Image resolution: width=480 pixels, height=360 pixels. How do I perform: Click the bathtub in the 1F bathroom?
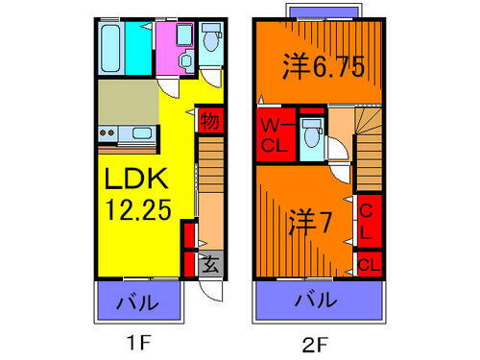[110, 47]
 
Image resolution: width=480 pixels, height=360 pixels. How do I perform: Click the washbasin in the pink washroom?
[183, 38]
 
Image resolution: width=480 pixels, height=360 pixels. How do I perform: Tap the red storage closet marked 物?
[207, 122]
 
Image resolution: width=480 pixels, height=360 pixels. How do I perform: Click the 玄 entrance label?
[209, 262]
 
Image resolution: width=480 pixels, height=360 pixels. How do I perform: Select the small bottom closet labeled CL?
[368, 262]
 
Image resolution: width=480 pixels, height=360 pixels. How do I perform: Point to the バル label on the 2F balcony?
[315, 300]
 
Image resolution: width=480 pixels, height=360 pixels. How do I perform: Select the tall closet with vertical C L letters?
[367, 221]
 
